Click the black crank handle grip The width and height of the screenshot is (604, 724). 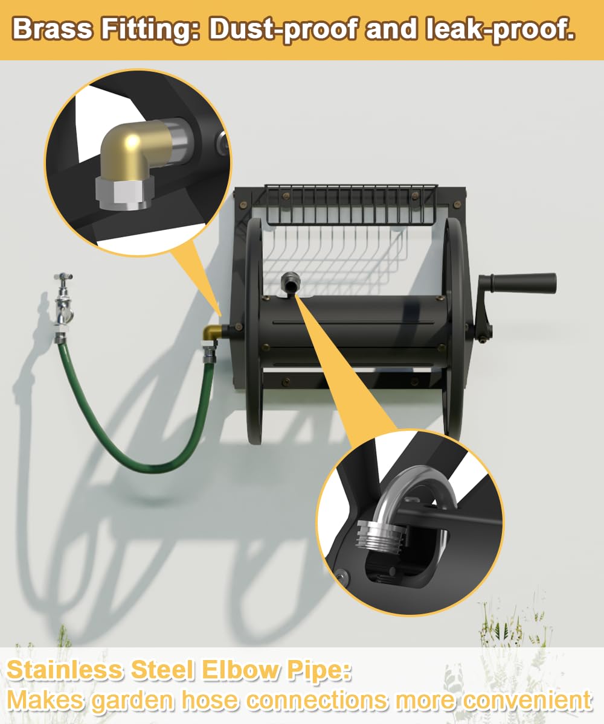(518, 282)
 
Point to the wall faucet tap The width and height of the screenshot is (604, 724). (63, 300)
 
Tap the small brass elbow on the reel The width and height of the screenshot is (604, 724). (211, 333)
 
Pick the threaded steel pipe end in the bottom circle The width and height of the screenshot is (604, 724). (381, 535)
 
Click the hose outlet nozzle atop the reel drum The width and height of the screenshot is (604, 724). (290, 282)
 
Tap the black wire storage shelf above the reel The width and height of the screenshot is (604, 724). (350, 205)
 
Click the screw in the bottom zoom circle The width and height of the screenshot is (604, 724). (342, 576)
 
